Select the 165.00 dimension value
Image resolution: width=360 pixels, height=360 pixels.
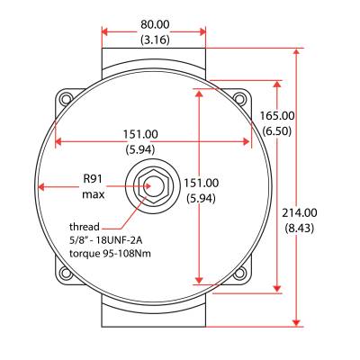pos(277,116)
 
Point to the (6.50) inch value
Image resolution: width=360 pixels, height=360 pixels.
pos(277,131)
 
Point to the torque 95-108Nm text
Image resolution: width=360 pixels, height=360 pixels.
pos(110,255)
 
